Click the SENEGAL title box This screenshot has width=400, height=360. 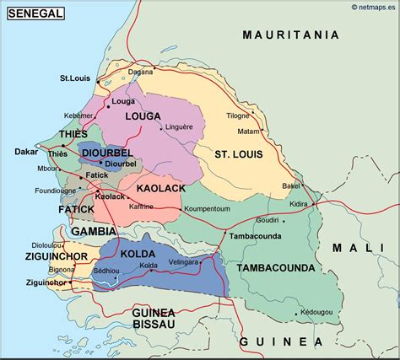click(x=33, y=13)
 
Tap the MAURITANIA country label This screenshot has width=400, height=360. click(x=290, y=35)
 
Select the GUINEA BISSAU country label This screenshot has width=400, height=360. click(x=153, y=318)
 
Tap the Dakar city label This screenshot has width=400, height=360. click(x=27, y=152)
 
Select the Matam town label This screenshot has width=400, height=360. click(x=248, y=132)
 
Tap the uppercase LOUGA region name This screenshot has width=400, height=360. click(x=143, y=116)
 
